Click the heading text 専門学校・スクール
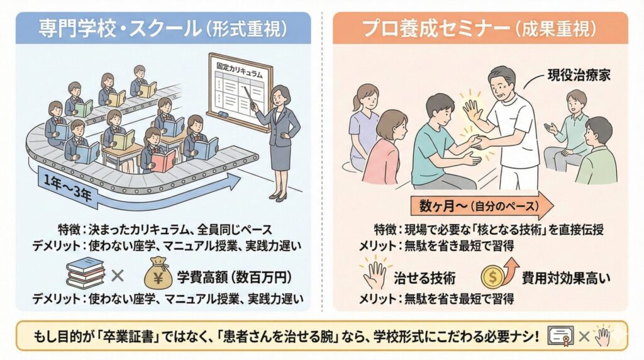pyautogui.click(x=119, y=29)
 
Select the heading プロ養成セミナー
pyautogui.click(x=435, y=29)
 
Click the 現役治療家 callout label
pyautogui.click(x=579, y=75)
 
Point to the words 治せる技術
pyautogui.click(x=425, y=278)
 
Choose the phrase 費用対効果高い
pyautogui.click(x=566, y=278)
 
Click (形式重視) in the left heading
pyautogui.click(x=246, y=29)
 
